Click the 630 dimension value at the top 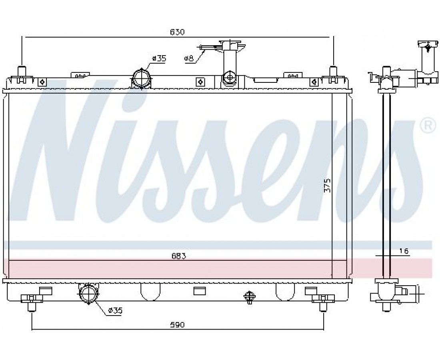tap(177, 32)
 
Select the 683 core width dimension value tap(178, 256)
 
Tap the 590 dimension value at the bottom tap(177, 325)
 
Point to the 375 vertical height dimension tap(328, 185)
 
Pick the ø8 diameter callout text tap(189, 58)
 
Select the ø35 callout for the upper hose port tap(159, 58)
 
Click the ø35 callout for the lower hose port tap(115, 311)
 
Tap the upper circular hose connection tap(141, 78)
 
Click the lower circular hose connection tap(89, 294)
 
